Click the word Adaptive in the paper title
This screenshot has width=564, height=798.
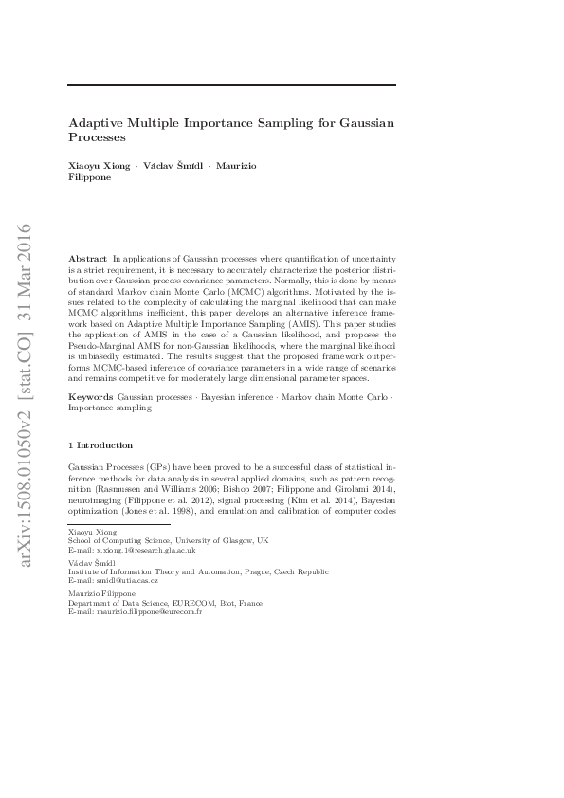click(99, 123)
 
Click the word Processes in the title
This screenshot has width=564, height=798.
click(98, 138)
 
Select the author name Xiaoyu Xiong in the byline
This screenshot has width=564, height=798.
click(100, 165)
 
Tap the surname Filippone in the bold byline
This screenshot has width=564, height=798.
click(90, 176)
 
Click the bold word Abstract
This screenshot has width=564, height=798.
click(88, 258)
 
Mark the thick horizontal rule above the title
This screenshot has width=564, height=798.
click(232, 85)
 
